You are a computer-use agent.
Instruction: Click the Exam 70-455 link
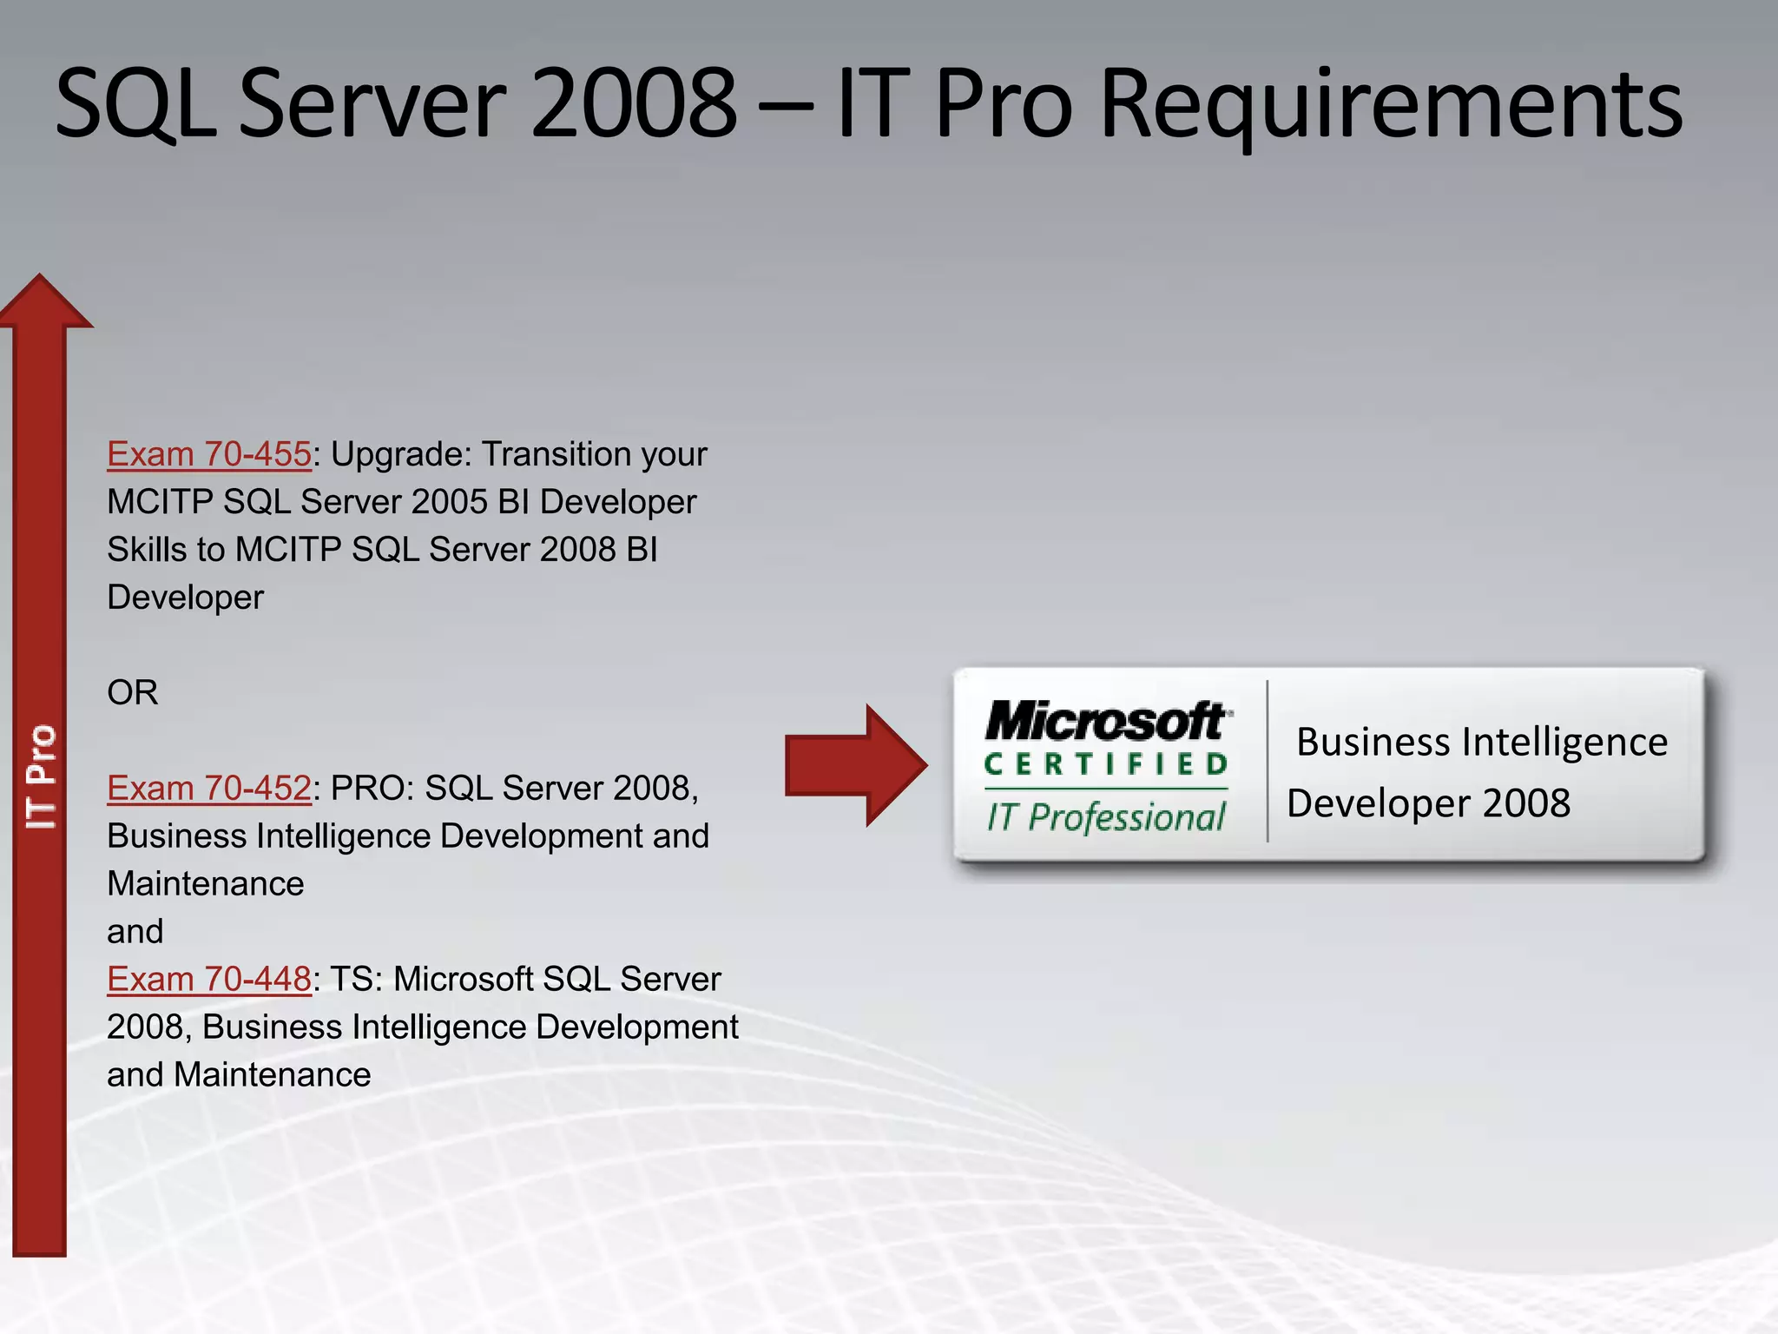[208, 454]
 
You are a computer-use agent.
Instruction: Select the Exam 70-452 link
[208, 788]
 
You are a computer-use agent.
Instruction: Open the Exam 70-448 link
[208, 979]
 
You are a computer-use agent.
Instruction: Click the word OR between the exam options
[133, 692]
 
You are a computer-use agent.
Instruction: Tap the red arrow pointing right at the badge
[855, 765]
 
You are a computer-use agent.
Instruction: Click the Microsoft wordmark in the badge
[1107, 721]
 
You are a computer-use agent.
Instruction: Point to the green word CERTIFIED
[1106, 764]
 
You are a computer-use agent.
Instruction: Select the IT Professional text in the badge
[1106, 817]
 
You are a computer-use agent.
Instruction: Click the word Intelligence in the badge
[1565, 743]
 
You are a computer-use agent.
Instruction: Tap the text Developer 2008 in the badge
[1428, 803]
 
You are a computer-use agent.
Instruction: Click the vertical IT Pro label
[40, 777]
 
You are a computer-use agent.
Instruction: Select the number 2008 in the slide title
[634, 104]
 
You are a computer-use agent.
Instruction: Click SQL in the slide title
[135, 104]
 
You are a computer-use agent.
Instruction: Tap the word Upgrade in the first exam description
[400, 454]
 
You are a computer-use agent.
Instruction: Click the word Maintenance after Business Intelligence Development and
[206, 884]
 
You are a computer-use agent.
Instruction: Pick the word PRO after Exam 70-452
[363, 788]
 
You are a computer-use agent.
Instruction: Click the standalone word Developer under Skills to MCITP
[185, 598]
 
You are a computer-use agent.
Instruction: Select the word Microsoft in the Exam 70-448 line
[463, 979]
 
